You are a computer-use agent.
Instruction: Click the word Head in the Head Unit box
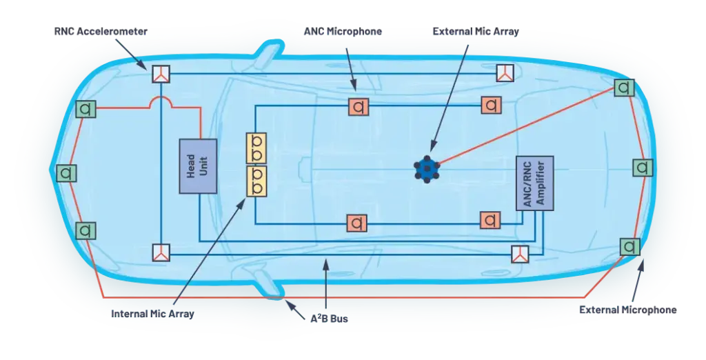coord(192,166)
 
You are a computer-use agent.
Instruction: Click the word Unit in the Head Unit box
coord(203,166)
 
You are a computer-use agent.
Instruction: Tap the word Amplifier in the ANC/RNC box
coord(541,183)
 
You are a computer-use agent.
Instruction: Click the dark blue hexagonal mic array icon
coord(427,168)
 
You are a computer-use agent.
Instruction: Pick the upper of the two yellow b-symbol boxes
coord(256,148)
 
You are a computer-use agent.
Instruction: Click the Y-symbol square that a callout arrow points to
coord(161,74)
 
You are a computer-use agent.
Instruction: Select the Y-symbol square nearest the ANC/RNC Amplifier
coord(520,254)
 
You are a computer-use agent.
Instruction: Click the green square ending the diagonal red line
coord(624,88)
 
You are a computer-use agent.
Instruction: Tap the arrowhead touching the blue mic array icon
coord(432,148)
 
